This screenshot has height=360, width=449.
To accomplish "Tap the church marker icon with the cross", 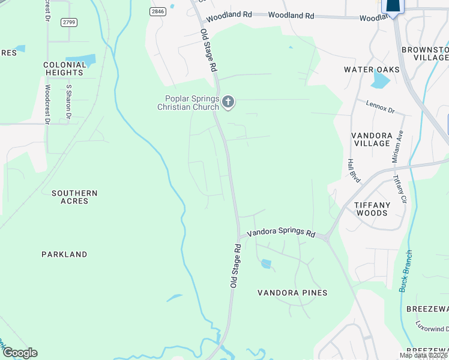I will (x=228, y=103).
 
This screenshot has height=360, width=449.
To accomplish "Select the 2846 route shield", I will (x=158, y=11).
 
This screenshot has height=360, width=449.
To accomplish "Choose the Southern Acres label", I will (x=74, y=197).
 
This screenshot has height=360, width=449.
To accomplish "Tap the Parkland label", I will (x=64, y=254).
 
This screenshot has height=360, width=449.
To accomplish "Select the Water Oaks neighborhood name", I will (x=372, y=70).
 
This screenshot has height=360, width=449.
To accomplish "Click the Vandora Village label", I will (x=372, y=139).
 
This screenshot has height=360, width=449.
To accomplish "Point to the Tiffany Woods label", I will (x=372, y=209).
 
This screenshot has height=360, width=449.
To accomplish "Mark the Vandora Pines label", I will (x=292, y=293).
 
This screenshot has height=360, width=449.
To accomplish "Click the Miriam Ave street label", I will (x=396, y=147).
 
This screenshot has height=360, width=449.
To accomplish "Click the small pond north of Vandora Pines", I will (x=266, y=263).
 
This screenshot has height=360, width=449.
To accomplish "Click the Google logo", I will (x=20, y=353).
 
